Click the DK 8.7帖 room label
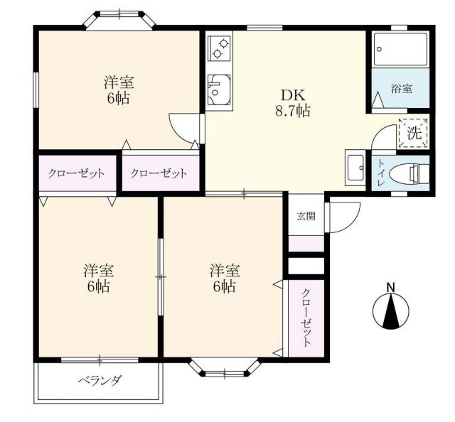(291, 102)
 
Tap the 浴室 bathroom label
(402, 89)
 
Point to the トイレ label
(382, 173)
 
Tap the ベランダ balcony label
(99, 380)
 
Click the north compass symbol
(390, 311)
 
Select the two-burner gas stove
(218, 50)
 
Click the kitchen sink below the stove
(218, 90)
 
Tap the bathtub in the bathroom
(399, 50)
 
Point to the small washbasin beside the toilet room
(355, 169)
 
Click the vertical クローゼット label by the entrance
(306, 318)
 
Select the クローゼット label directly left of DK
(159, 173)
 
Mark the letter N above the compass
(390, 287)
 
